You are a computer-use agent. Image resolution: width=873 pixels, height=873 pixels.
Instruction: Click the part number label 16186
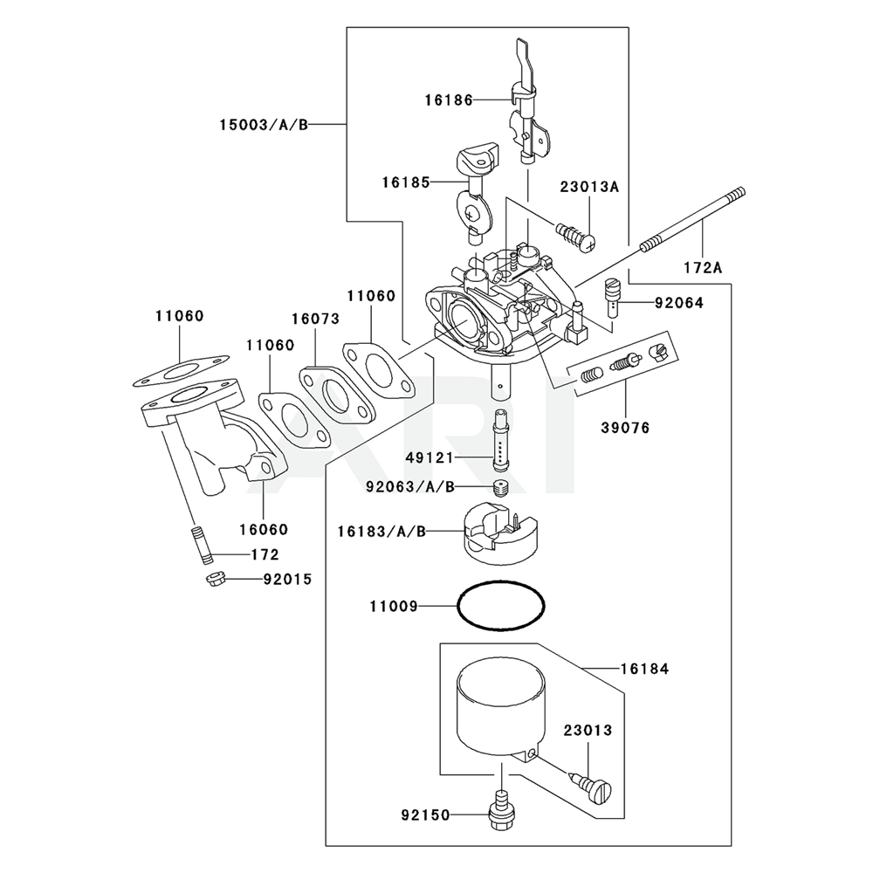[449, 100]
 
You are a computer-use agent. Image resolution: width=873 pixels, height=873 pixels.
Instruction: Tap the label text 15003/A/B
[262, 125]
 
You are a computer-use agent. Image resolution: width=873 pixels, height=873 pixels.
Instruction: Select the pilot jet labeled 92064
[613, 298]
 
